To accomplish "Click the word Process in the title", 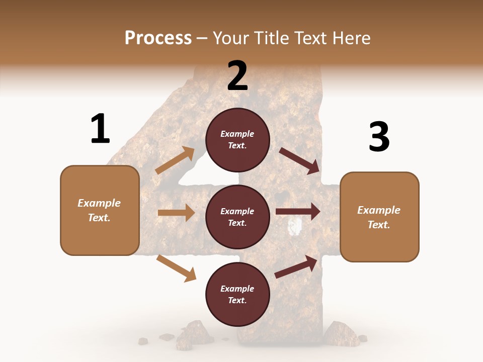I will pos(158,38).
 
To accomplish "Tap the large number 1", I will pos(100,129).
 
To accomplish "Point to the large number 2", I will pos(237,76).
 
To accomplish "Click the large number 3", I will pos(379,137).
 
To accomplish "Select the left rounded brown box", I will pos(100,210).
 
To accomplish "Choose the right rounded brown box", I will pos(379,217).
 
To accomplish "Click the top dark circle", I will pos(237,140).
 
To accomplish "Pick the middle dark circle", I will pos(237,217).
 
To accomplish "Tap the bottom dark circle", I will pos(237,294).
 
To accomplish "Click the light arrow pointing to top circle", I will pos(175,160).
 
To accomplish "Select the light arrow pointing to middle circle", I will pos(176,213).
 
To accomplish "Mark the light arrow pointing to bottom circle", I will pos(176,268).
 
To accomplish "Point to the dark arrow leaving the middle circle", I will pos(298,212).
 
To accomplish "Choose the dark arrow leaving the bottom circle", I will pos(296,267).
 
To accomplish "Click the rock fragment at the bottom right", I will pos(339,332).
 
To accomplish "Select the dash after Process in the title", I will pos(202,38).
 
